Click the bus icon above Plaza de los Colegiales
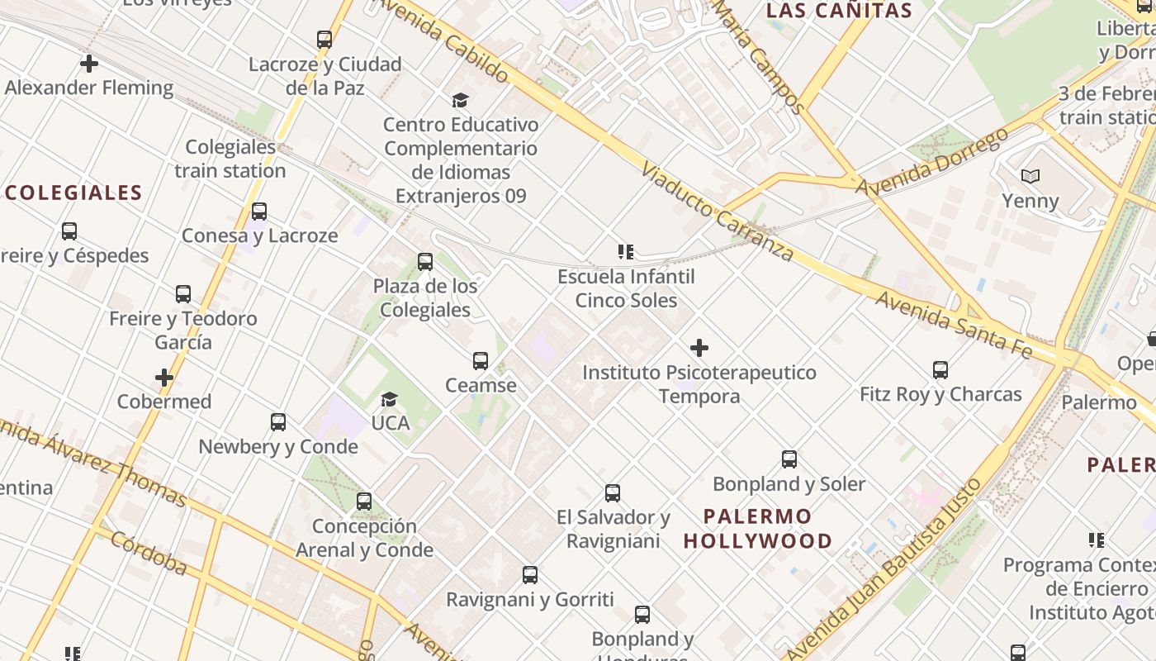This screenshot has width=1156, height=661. pos(425,262)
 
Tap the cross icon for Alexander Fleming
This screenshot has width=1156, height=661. pos(89,63)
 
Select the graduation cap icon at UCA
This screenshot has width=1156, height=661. pos(389,400)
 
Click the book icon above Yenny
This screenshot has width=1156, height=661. pos(1030,176)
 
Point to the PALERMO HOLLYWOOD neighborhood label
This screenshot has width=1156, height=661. pos(757,529)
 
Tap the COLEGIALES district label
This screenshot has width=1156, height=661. pos(74,193)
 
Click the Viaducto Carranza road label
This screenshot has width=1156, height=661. pos(717,212)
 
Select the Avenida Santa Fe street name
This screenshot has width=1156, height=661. pos(954,325)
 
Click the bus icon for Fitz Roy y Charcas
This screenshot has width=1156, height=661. pos(940,369)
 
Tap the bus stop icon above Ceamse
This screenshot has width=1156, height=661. pos(481,361)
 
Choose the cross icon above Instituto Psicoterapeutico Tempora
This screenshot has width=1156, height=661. pos(699,348)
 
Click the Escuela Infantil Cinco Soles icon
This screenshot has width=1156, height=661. pos(625,252)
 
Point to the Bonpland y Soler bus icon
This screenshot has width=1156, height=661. pos(789,459)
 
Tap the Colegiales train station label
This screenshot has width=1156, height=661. pos(230,159)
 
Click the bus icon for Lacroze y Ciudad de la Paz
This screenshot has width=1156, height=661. pos(325,40)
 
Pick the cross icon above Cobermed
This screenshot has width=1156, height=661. pos(164,378)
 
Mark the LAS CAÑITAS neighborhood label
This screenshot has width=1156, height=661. pos(839,12)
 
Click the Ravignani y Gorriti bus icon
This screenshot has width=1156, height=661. pos(530,575)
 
